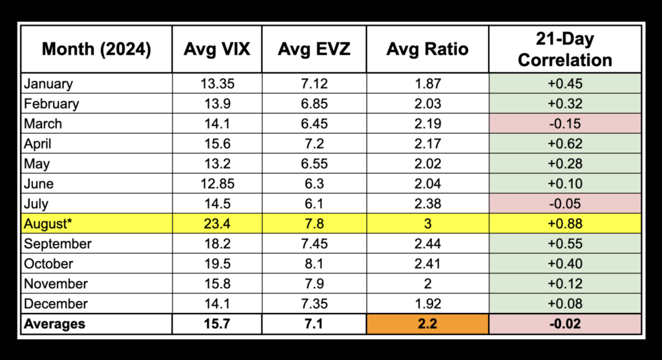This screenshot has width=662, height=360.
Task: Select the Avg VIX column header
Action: point(217,50)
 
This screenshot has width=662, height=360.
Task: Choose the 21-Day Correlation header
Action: point(565,50)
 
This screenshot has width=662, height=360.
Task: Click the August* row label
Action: point(47,224)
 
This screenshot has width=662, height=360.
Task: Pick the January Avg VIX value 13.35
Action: point(217,83)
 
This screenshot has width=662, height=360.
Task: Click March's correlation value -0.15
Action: point(565,123)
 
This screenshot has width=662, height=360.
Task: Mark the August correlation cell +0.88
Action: point(565,224)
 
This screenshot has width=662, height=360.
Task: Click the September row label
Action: point(57,244)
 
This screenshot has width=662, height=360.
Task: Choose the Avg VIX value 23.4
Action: point(217,224)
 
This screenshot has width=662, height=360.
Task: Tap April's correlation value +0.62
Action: point(565,143)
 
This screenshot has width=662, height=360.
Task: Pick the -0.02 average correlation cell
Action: point(565,324)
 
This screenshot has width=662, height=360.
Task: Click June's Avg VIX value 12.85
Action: point(217,184)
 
